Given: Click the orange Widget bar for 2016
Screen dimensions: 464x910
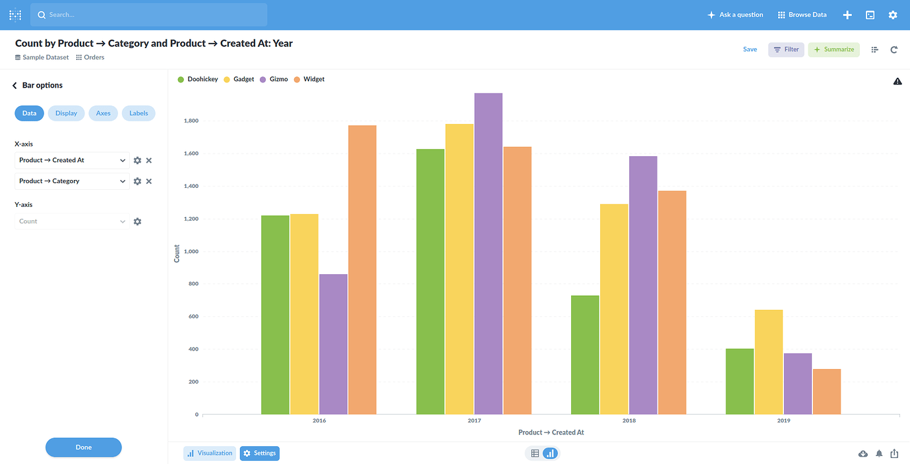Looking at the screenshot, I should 362,270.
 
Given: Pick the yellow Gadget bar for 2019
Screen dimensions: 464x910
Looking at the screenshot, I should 769,362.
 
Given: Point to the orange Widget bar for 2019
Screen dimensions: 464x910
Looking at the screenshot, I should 827,391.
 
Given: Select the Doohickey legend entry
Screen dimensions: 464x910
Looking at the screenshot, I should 202,79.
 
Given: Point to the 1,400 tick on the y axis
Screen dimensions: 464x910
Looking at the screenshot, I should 191,186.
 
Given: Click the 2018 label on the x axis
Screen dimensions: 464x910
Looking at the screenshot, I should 628,420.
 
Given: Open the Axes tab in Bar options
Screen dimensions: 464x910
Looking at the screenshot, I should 104,113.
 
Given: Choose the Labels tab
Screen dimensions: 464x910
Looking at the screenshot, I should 138,113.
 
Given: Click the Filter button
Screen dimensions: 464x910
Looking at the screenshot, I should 786,49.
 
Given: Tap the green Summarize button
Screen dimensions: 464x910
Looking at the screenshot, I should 834,49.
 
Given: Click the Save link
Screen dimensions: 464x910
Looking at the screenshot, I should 750,49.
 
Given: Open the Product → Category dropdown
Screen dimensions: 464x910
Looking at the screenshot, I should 72,181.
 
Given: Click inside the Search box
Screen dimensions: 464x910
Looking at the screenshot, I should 148,14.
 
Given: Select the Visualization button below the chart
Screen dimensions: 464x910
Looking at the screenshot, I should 209,453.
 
